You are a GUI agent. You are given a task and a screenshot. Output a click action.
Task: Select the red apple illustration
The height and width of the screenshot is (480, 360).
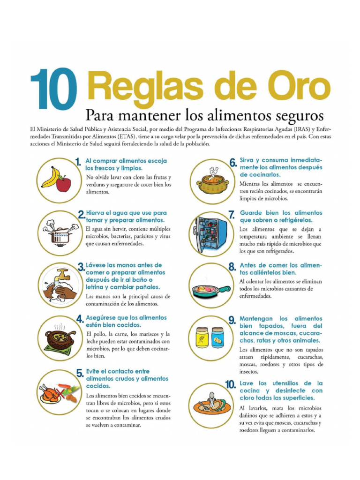[63, 183]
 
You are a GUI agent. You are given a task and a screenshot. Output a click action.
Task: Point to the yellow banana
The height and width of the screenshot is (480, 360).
[51, 177]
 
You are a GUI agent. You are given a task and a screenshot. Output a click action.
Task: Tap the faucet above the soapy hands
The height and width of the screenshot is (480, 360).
[63, 275]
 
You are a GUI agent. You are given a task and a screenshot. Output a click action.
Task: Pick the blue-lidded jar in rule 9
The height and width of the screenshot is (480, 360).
[217, 337]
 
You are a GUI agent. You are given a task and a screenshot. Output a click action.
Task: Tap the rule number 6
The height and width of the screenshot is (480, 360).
[233, 163]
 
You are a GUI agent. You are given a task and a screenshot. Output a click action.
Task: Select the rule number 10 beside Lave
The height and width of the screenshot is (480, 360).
[230, 385]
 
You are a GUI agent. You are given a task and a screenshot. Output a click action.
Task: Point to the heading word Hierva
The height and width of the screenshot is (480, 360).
[96, 212]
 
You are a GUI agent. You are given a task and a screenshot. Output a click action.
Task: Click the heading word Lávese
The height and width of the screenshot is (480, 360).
[97, 265]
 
